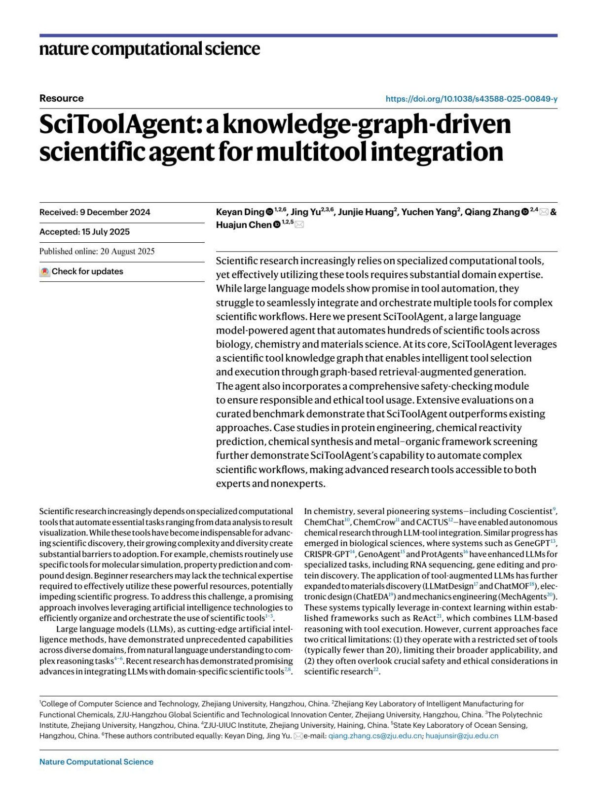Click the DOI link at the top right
pyautogui.click(x=471, y=99)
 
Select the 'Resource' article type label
pyautogui.click(x=62, y=98)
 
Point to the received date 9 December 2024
pyautogui.click(x=115, y=212)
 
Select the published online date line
pyautogui.click(x=97, y=252)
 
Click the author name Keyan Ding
pyautogui.click(x=240, y=212)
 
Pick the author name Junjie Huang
pyautogui.click(x=365, y=212)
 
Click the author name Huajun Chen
pyautogui.click(x=244, y=225)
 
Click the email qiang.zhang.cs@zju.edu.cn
pyautogui.click(x=375, y=736)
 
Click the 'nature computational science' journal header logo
pyautogui.click(x=149, y=49)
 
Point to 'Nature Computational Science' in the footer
pyautogui.click(x=96, y=762)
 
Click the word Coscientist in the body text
pyautogui.click(x=530, y=512)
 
